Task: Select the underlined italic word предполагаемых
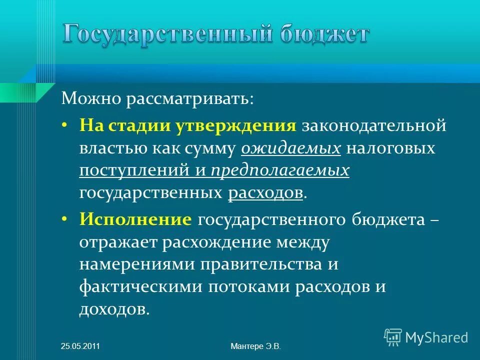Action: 280,170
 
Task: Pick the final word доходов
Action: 113,309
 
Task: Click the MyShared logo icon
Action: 393,337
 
